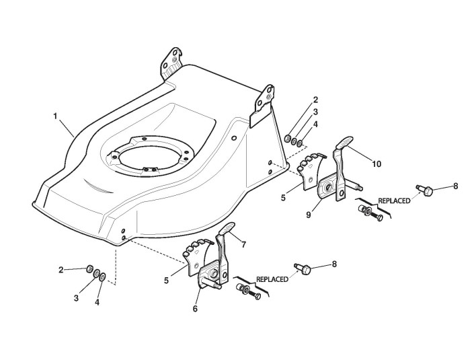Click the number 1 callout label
point(54,116)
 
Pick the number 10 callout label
point(377,163)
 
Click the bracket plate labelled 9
point(330,186)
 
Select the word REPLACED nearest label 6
point(272,278)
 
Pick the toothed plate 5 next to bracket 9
point(310,168)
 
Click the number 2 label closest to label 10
point(315,100)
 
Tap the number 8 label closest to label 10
point(455,185)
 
